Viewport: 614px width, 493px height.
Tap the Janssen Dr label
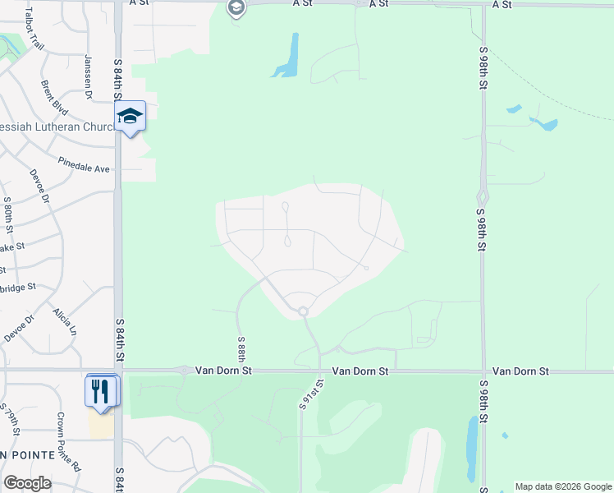[x=88, y=76]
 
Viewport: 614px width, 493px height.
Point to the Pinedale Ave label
[x=84, y=164]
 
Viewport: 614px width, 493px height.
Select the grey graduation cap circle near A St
[x=236, y=8]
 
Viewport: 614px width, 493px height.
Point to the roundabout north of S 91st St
[x=303, y=311]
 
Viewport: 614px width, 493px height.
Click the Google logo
[x=27, y=483]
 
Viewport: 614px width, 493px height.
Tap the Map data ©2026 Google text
[x=563, y=486]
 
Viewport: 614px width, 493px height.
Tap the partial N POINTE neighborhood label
[x=28, y=454]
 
